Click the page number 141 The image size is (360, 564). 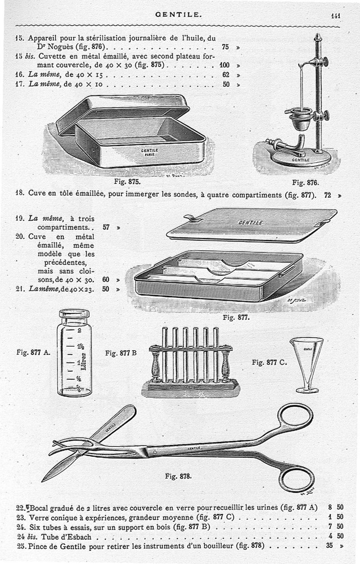coord(336,16)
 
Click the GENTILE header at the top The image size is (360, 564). coord(179,14)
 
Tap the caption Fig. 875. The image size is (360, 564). coord(127,181)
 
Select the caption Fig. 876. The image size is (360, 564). coord(306,182)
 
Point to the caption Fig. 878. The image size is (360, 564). coord(178,476)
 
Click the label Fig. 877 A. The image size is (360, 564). coord(33,352)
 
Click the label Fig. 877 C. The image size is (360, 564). coord(269,362)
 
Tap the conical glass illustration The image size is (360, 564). coord(306,365)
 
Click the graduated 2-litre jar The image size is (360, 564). coord(74,352)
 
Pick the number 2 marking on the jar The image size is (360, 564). coord(80,330)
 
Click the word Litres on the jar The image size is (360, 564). coord(84,361)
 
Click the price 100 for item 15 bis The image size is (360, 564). coord(225,65)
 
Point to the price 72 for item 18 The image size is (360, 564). coord(328,195)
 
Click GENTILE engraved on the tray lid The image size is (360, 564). coord(251,222)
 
